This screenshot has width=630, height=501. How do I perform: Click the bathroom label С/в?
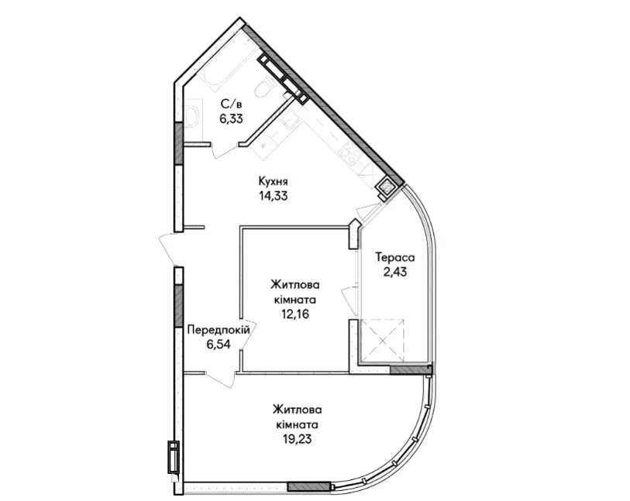pyautogui.click(x=231, y=105)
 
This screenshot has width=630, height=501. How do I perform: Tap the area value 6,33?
pyautogui.click(x=231, y=118)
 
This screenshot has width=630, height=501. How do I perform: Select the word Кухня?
pyautogui.click(x=274, y=182)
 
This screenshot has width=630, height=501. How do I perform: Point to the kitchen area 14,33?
pyautogui.click(x=274, y=196)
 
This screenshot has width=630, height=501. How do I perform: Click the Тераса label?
pyautogui.click(x=395, y=257)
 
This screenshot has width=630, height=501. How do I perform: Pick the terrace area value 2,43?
pyautogui.click(x=395, y=272)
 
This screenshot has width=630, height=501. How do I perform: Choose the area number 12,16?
pyautogui.click(x=295, y=314)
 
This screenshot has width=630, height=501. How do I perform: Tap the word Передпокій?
pyautogui.click(x=219, y=330)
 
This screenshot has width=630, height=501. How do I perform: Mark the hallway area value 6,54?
pyautogui.click(x=219, y=344)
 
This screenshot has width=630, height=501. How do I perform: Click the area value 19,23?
pyautogui.click(x=298, y=439)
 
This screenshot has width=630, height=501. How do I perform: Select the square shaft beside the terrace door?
pyautogui.click(x=386, y=187)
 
